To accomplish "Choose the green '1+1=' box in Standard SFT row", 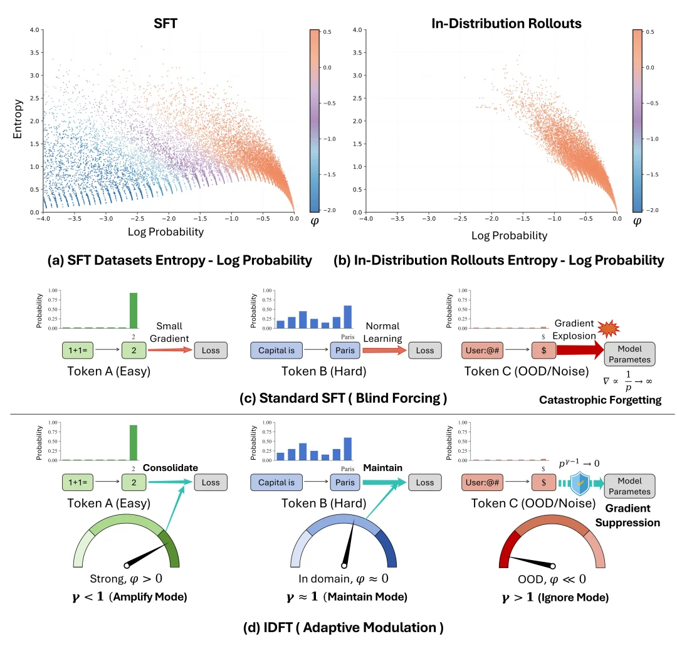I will point(83,350).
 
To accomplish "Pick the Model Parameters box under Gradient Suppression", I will point(629,484).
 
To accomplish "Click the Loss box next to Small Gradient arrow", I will point(211,350).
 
